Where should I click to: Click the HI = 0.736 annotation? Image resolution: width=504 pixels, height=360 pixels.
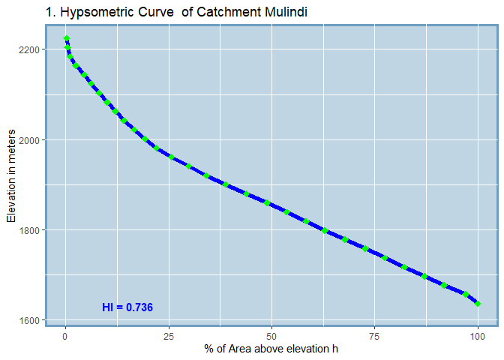127,307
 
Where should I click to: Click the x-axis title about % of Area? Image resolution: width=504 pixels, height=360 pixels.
271,349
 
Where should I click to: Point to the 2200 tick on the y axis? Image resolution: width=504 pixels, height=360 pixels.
30,49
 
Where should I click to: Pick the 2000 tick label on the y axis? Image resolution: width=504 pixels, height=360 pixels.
30,140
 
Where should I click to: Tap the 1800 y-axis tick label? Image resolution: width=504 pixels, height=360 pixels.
30,230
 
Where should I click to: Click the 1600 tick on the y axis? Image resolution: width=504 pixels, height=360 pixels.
30,321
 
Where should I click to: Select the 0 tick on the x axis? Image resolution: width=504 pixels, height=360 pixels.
66,335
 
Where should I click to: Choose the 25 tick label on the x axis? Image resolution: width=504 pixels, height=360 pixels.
169,335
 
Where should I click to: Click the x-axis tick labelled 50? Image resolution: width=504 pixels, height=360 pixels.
271,335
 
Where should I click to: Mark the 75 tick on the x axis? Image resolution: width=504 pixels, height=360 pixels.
375,335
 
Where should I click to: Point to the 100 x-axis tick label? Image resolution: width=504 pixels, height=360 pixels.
478,335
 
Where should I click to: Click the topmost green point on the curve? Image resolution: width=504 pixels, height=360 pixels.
67,38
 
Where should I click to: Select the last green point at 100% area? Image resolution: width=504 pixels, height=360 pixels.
478,304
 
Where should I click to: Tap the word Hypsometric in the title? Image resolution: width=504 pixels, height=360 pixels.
91,13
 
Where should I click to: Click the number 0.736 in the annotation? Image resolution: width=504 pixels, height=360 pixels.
139,307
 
